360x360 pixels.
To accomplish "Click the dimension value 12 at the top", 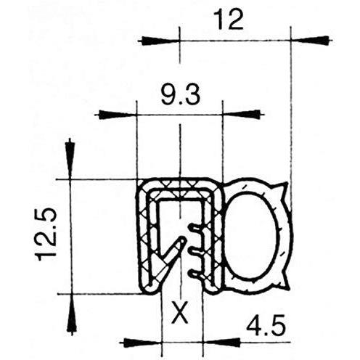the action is coord(229,20).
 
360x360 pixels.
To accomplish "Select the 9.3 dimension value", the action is coord(181,96).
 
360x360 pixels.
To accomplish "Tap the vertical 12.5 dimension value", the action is coord(46,235).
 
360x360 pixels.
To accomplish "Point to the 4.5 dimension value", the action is coord(266,325).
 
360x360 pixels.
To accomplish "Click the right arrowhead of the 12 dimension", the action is coord(310,41).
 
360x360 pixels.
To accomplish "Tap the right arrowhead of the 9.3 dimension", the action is coord(242,114).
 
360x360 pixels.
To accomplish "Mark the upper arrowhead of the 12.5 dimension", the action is coord(70,160).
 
